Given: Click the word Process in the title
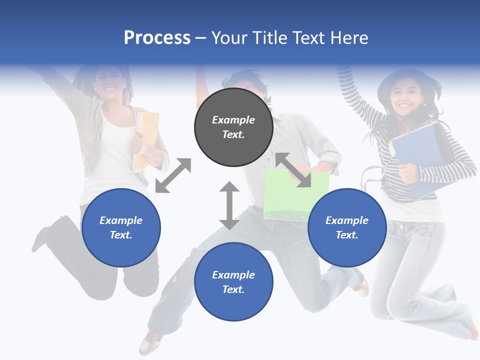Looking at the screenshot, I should click(157, 38).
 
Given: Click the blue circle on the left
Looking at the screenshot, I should click(121, 228).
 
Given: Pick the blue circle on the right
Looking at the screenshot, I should click(347, 228).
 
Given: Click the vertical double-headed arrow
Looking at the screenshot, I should click(229, 205).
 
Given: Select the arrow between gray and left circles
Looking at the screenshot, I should click(173, 175).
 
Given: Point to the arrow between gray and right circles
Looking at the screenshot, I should click(293, 170).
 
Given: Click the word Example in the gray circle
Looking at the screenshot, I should click(233, 120).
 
